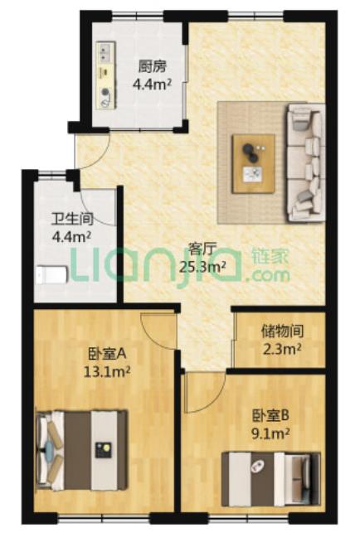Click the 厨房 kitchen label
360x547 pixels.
click(152, 66)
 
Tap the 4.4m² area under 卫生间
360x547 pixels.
click(71, 237)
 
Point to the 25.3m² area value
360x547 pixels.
click(202, 267)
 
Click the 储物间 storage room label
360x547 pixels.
click(282, 331)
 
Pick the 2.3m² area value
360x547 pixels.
click(282, 348)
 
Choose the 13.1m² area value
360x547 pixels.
click(107, 372)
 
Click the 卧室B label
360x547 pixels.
click(270, 415)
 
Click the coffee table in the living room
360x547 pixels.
click(254, 163)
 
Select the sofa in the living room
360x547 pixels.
click(306, 163)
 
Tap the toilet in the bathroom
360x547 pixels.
click(51, 275)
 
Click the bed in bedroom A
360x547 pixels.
click(82, 450)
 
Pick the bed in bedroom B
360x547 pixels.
click(271, 479)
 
